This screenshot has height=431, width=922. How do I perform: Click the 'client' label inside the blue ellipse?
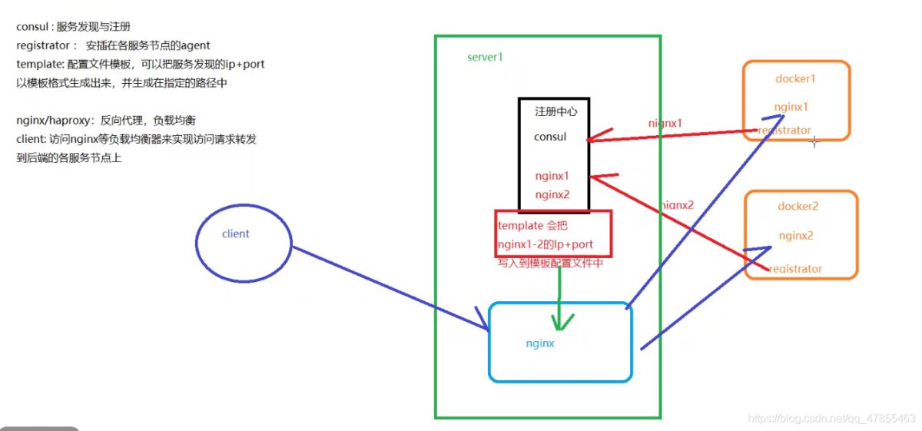click(x=235, y=234)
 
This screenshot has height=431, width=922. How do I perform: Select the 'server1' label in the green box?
click(x=485, y=58)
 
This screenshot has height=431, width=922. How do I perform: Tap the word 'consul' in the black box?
click(x=550, y=138)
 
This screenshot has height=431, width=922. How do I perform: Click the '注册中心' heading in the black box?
click(x=556, y=111)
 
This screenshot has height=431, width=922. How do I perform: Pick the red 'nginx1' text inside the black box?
click(x=552, y=176)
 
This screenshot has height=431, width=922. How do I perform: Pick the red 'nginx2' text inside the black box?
click(x=552, y=194)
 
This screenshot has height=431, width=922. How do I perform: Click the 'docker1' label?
click(x=795, y=79)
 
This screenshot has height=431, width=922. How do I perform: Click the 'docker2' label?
click(x=798, y=207)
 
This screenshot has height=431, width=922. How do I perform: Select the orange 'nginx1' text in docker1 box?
click(x=791, y=107)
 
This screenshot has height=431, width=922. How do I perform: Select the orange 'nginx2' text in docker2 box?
click(x=796, y=235)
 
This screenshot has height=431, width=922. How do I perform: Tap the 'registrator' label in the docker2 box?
click(x=794, y=269)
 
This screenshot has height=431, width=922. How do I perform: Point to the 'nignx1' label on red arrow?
click(x=665, y=123)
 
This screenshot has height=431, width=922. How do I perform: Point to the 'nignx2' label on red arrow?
click(x=676, y=205)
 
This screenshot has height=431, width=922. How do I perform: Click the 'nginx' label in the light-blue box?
click(x=540, y=343)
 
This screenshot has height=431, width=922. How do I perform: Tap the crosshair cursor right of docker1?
click(x=814, y=141)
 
